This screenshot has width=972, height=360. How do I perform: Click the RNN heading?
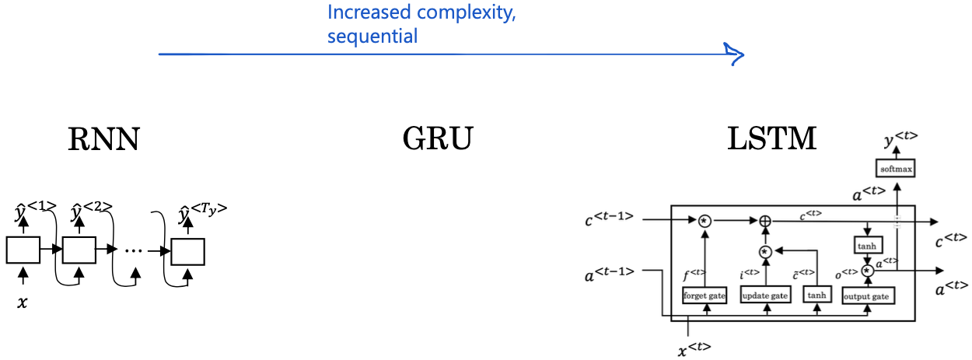pyautogui.click(x=104, y=139)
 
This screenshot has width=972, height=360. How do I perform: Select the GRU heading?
pyautogui.click(x=438, y=139)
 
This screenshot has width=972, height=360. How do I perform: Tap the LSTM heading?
pyautogui.click(x=772, y=139)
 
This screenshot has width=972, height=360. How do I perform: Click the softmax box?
pyautogui.click(x=896, y=168)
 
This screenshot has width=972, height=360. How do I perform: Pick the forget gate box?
pyautogui.click(x=705, y=295)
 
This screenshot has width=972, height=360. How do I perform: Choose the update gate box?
pyautogui.click(x=765, y=295)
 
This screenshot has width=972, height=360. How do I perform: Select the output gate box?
pyautogui.click(x=868, y=295)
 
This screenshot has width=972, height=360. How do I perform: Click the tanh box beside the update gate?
pyautogui.click(x=817, y=295)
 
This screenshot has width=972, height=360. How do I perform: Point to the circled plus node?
pyautogui.click(x=765, y=221)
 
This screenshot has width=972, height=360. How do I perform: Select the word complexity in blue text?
pyautogui.click(x=466, y=13)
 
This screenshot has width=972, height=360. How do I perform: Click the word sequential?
pyautogui.click(x=372, y=36)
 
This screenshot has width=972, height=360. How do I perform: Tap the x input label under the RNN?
pyautogui.click(x=22, y=302)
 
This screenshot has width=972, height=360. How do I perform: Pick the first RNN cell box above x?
pyautogui.click(x=23, y=250)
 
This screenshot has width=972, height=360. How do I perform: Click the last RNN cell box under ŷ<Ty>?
pyautogui.click(x=188, y=252)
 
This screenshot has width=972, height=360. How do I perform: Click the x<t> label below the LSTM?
pyautogui.click(x=694, y=348)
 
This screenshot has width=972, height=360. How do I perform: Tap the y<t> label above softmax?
pyautogui.click(x=900, y=138)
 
